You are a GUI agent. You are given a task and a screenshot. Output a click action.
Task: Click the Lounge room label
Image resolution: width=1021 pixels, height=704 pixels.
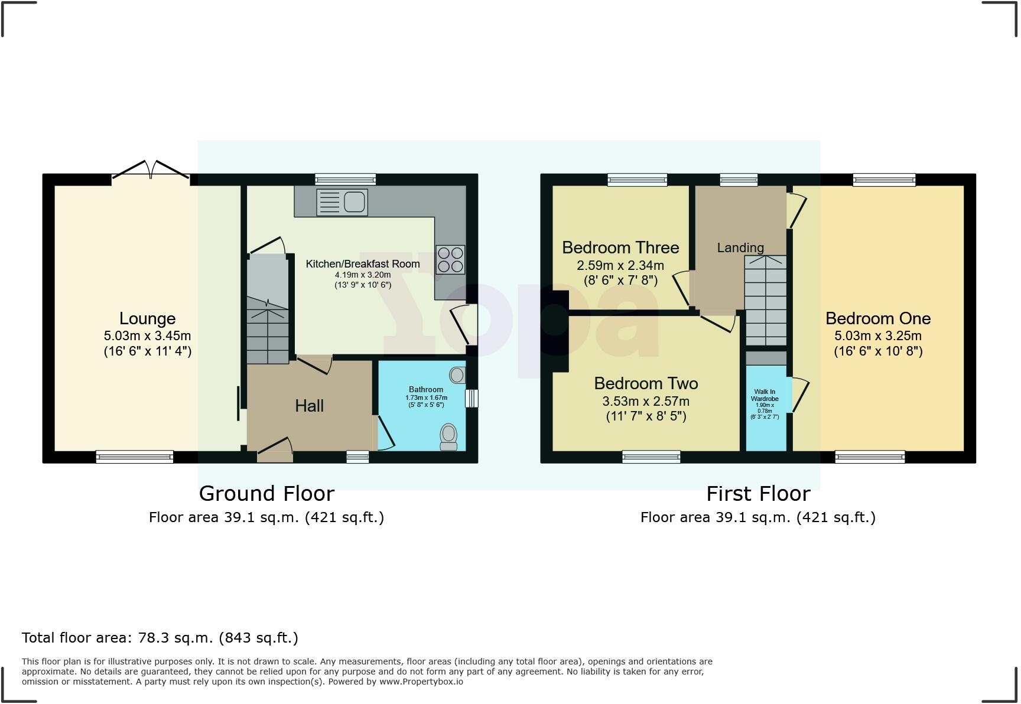click(x=147, y=318)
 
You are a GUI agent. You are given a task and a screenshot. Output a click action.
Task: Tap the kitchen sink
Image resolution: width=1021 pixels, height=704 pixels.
click(x=342, y=202)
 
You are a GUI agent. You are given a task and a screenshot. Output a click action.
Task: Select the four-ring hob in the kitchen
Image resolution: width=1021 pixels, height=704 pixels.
click(x=450, y=260)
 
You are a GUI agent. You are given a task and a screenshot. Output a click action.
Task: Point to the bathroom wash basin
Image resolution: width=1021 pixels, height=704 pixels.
click(x=457, y=374)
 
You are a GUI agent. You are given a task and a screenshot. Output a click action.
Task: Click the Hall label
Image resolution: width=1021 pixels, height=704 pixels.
click(x=309, y=406)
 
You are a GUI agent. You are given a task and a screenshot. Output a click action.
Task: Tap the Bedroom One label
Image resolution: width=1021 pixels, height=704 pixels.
click(x=877, y=318)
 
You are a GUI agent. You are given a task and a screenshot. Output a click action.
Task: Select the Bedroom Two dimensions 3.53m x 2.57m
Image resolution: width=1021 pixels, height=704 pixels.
click(x=646, y=402)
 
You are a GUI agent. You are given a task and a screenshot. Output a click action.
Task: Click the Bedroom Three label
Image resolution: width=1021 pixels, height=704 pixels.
click(x=620, y=247)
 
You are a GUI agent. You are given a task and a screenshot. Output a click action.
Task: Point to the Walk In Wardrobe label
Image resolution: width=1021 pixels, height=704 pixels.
click(x=765, y=395)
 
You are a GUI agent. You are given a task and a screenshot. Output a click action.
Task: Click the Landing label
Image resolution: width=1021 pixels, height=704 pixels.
click(x=740, y=248)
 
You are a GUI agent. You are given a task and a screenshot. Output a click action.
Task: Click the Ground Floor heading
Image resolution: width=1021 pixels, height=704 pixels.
click(x=266, y=493)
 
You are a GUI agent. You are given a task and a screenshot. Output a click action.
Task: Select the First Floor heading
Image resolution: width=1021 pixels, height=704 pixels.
click(x=758, y=493)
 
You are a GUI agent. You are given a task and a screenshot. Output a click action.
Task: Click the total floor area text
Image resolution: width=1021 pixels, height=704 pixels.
click(x=160, y=638)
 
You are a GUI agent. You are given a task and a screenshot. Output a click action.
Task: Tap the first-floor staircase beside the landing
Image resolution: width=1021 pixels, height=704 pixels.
click(x=766, y=301)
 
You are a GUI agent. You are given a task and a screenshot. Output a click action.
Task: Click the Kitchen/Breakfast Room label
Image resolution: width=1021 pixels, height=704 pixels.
click(x=362, y=264)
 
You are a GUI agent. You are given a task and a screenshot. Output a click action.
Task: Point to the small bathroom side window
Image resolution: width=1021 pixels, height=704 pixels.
click(x=471, y=398)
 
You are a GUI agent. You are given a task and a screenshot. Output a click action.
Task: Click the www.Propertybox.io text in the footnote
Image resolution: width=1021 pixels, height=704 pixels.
click(x=421, y=682)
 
